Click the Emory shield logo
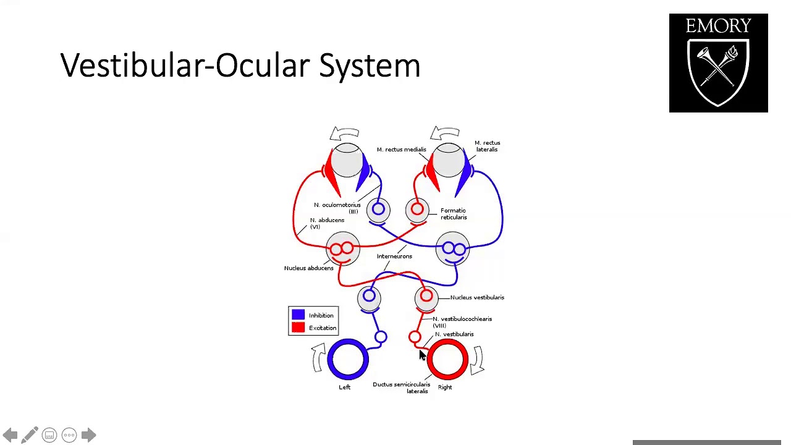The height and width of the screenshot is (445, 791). click(718, 63)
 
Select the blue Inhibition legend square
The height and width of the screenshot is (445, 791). click(298, 315)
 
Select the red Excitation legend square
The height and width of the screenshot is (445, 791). click(298, 328)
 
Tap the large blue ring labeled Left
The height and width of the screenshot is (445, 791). click(347, 358)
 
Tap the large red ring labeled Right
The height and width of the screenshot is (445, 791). click(447, 359)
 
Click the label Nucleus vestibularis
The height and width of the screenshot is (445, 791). click(476, 297)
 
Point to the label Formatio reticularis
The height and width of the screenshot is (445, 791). click(454, 214)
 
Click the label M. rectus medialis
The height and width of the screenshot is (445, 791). click(401, 150)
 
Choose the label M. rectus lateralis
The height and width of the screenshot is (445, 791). click(487, 146)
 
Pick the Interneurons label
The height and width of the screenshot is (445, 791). click(394, 256)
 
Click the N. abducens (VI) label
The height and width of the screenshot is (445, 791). click(326, 223)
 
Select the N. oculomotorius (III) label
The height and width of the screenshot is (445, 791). click(337, 208)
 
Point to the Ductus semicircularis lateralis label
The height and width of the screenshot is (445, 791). click(402, 388)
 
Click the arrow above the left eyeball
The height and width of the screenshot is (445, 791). click(344, 134)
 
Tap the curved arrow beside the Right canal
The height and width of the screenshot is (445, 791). click(477, 360)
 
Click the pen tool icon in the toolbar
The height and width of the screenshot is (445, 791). click(29, 435)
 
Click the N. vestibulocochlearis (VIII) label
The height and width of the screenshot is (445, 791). click(462, 321)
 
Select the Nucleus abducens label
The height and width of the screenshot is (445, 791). click(308, 268)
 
